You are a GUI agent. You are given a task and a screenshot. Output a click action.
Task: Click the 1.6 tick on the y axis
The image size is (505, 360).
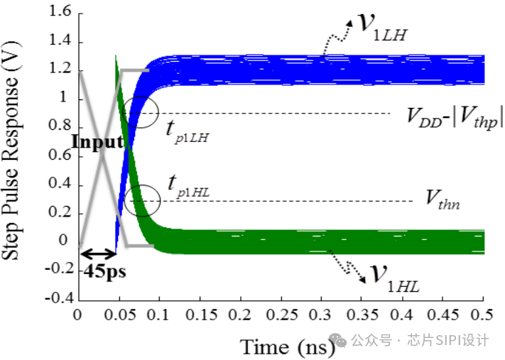coord(60,11)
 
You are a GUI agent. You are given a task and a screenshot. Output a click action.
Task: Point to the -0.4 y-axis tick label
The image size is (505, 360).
coord(58,298)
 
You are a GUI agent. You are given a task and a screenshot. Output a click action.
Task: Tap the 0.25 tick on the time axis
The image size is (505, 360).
coord(282,315)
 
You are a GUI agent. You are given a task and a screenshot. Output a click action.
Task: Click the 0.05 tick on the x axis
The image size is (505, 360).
coord(120,315)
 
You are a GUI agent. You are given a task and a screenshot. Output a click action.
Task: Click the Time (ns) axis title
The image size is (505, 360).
coord(288,347)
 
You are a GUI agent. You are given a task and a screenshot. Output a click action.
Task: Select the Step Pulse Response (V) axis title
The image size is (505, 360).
coord(11,151)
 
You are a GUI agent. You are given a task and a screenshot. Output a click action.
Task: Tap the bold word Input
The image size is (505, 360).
coord(97,142)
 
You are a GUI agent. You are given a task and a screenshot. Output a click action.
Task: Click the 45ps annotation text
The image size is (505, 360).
coord(104,271)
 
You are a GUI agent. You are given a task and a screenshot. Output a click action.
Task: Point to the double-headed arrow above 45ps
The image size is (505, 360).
coord(98,254)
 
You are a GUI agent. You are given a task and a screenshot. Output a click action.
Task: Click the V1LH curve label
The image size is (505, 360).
coord(384,28)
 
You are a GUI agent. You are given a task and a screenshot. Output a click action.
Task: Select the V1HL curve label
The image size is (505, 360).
coord(394,279)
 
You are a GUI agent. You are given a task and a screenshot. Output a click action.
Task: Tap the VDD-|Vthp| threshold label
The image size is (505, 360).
coord(455,118)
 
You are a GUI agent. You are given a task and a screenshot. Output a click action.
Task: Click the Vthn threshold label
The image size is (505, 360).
coord(442,200)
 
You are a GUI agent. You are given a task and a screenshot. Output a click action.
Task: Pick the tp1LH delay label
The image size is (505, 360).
coord(188,133)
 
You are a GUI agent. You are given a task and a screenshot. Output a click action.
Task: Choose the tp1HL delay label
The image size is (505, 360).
coord(189,186)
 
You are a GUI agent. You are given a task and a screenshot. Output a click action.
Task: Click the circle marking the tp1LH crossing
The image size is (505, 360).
coord(158,112)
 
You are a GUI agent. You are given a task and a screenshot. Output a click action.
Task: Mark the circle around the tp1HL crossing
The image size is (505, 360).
coord(160,201)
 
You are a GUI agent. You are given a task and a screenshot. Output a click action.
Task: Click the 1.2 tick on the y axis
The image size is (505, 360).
coord(60,69)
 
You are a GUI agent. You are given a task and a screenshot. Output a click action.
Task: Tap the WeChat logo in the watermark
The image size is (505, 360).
coord(337,340)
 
